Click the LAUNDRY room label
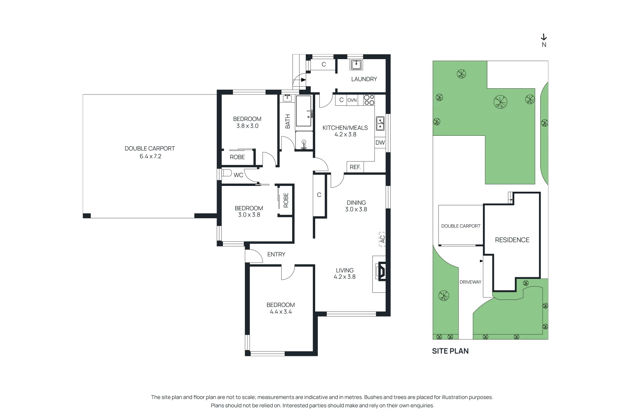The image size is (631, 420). pos(364,79)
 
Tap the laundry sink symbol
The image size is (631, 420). pos(356,65)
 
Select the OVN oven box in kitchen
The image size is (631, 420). pos(352,100)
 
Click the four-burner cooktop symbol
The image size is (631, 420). pos(369,100)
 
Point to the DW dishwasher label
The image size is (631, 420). pos(380,143)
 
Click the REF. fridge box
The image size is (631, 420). pos(355,167)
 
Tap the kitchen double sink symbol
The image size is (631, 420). pos(380,124)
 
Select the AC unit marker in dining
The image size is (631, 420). pos(382,239)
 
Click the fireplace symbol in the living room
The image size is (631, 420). pos(381,272)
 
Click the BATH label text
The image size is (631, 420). pos(287,121)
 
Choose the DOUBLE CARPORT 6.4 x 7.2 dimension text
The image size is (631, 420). pos(150,156)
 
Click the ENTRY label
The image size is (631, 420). pos(276,254)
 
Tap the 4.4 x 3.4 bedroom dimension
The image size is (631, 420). pos(281,312)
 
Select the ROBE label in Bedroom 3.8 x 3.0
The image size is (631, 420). pos(237,157)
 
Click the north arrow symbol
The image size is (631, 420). pos(544,38)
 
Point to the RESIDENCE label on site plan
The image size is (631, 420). pos(512,240)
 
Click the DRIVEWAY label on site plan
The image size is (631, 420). pos(470,282)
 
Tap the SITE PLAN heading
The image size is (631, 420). pos(450,351)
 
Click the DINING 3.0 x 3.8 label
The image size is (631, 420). pos(356,206)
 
